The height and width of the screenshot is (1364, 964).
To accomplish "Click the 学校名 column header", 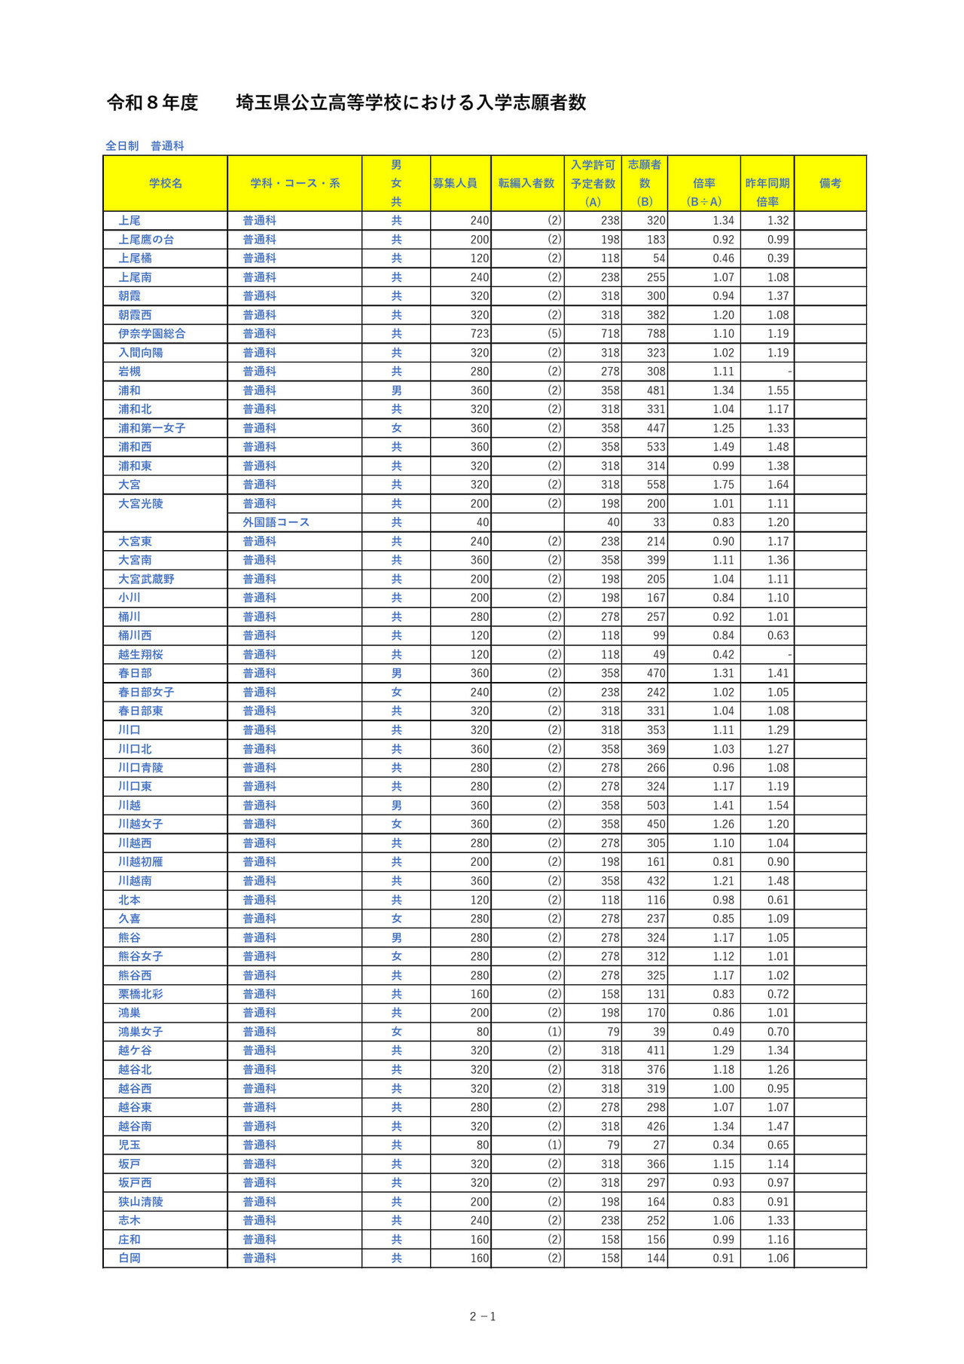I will point(165,183).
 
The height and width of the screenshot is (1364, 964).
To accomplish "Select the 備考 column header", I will point(830,183).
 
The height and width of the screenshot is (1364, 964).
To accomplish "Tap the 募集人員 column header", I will point(455,183).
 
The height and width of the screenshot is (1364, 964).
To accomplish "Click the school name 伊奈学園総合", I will point(152,334).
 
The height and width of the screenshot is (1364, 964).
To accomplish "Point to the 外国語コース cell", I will point(276,522).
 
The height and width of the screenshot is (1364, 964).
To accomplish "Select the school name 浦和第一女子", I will point(152,428).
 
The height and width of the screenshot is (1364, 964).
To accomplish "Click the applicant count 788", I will point(655,334).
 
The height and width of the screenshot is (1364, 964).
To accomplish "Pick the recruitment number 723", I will point(479,334).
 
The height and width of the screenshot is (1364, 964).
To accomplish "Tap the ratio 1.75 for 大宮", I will point(723,485).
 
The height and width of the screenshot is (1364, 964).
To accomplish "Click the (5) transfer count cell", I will point(554,334).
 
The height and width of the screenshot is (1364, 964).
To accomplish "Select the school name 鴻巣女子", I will point(141,1032).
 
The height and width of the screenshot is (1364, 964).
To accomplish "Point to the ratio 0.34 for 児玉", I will point(723,1145).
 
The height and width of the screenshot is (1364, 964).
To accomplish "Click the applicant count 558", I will point(655,485).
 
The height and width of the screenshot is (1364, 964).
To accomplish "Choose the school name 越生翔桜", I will point(141,654).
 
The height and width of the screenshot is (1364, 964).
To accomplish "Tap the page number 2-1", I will point(482,1317).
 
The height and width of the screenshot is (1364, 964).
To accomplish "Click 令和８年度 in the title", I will point(153,102).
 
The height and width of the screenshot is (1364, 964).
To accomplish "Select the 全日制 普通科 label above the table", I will point(145,145).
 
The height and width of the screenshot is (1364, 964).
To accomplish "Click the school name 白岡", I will point(130,1258).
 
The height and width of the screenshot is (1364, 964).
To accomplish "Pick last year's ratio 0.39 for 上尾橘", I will point(778,258).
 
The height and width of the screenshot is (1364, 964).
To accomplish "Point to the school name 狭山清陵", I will point(141,1201).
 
